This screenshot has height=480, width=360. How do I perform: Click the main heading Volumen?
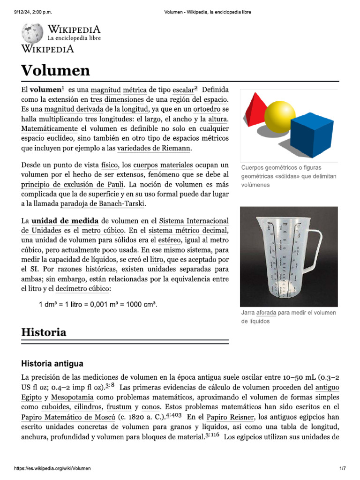point(55,70)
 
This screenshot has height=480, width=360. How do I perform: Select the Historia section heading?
point(44,332)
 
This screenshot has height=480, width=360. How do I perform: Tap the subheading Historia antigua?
point(52,363)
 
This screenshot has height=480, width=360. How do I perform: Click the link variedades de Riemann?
point(154,148)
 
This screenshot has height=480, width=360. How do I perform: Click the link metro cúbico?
point(103,230)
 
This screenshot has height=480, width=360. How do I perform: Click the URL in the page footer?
point(52,469)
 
